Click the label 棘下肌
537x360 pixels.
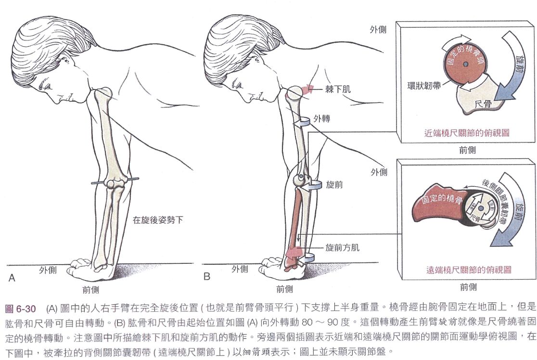(x=338, y=90)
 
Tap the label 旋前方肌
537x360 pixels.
(x=342, y=248)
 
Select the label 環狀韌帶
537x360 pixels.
(x=423, y=86)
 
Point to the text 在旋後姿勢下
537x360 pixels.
(x=158, y=220)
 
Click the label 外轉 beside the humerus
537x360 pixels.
(x=321, y=119)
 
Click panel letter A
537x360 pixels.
(x=12, y=278)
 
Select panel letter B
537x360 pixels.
(x=206, y=276)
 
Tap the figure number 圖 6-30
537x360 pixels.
(x=21, y=309)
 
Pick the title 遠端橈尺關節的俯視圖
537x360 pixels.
(x=469, y=270)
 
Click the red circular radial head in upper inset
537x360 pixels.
(x=465, y=64)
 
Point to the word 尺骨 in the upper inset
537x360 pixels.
(x=483, y=104)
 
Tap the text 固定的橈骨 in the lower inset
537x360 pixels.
(x=442, y=199)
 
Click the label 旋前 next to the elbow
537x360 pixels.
(x=334, y=185)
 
